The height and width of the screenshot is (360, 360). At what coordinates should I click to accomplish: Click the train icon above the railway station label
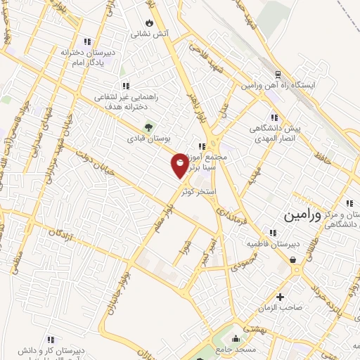278,72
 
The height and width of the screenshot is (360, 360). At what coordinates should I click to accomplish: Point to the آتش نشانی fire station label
148,33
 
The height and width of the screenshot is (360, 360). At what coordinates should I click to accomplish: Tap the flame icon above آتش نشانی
148,21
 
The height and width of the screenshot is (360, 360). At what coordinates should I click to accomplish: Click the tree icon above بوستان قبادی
148,127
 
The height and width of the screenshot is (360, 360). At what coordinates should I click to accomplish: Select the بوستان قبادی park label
148,139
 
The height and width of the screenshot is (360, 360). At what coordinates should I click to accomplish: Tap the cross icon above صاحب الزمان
280,297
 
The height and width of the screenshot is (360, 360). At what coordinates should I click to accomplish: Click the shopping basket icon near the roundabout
292,259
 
